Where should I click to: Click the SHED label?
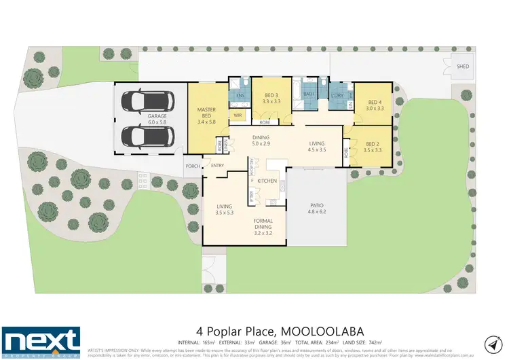pyautogui.click(x=463, y=67)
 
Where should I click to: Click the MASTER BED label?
pyautogui.click(x=206, y=113)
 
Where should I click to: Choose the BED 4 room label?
pyautogui.click(x=375, y=104)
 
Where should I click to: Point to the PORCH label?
pyautogui.click(x=191, y=166)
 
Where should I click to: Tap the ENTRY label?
pyautogui.click(x=217, y=166)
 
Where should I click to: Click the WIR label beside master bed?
pyautogui.click(x=238, y=115)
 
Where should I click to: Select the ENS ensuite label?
pyautogui.click(x=240, y=96)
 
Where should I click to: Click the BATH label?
pyautogui.click(x=309, y=94)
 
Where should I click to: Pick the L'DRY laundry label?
pyautogui.click(x=337, y=95)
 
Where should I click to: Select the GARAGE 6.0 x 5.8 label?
pyautogui.click(x=157, y=120)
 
